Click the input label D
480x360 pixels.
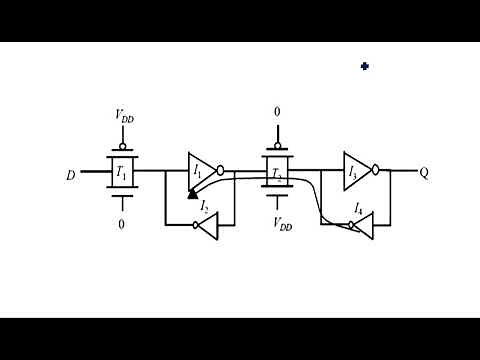[x=71, y=175]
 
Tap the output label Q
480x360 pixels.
[x=424, y=172]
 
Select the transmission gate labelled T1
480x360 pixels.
[x=122, y=172]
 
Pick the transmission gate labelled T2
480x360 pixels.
[x=277, y=172]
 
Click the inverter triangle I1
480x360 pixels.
[x=200, y=171]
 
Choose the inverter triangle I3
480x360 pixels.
[x=356, y=171]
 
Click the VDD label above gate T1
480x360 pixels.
[x=123, y=118]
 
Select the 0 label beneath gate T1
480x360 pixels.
[x=122, y=224]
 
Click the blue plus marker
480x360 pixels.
[x=365, y=66]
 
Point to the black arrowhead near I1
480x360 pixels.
[x=192, y=194]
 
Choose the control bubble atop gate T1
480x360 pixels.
[x=122, y=143]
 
